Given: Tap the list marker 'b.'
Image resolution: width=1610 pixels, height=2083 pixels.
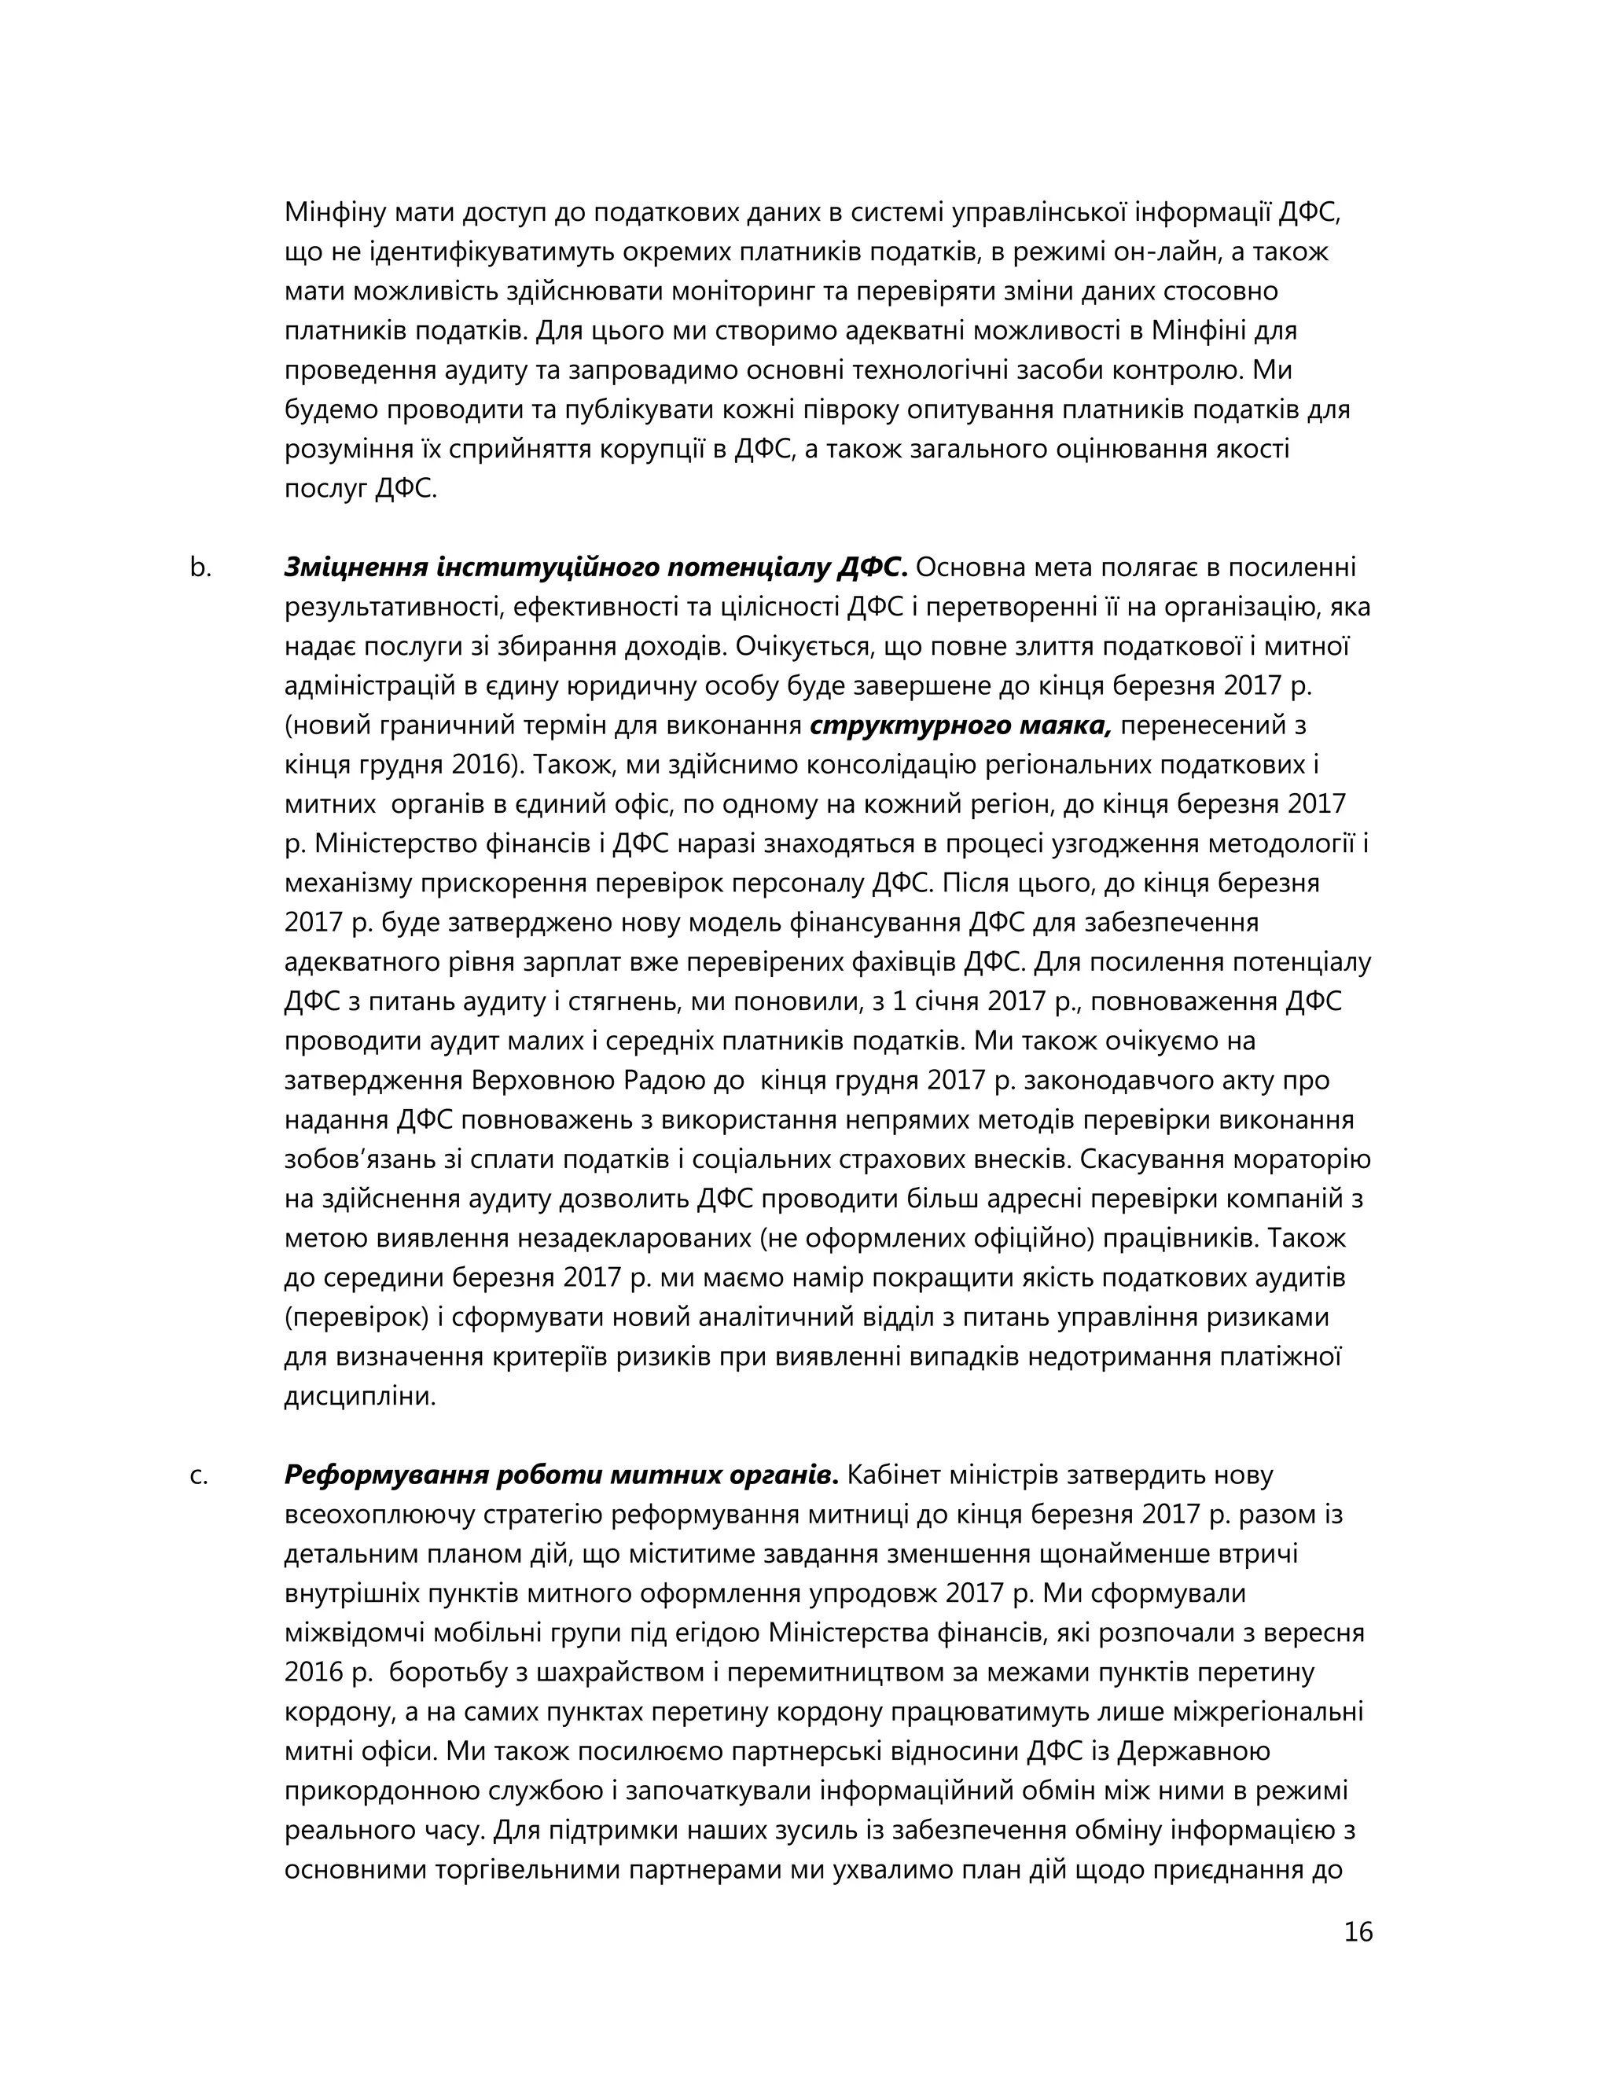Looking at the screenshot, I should click(x=200, y=568).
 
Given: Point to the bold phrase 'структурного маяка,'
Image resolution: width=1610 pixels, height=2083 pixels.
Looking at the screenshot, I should click(x=961, y=726).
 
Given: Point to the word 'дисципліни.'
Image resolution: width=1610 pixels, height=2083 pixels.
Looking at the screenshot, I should click(x=359, y=1398).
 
